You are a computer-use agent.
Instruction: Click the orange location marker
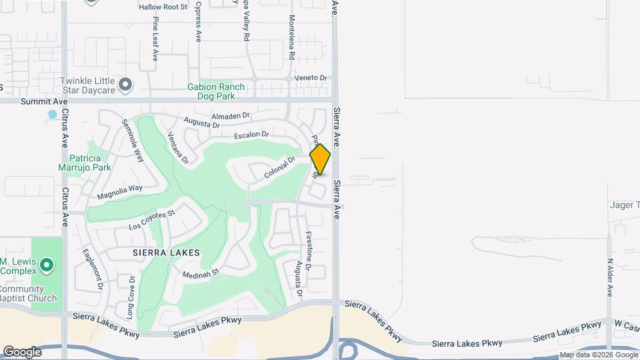coord(320,159)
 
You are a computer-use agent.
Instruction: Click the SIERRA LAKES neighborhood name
coord(166,253)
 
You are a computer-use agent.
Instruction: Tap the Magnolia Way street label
coord(120,192)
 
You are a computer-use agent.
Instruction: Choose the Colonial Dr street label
coord(279,167)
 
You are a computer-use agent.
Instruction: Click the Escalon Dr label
coord(251,135)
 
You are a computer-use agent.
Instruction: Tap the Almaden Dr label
coord(230,116)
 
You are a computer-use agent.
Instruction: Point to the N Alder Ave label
coord(609,277)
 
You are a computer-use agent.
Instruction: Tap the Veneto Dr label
coord(311,78)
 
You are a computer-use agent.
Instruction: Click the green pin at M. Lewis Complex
coord(46,266)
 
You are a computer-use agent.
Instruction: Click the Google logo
coord(22,352)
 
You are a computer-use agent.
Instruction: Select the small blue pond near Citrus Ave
coord(52,115)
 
